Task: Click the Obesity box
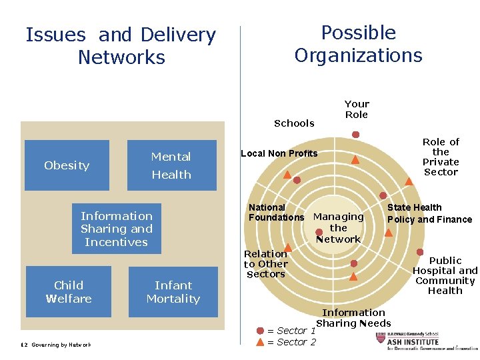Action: coord(67,165)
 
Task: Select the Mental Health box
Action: coord(171,165)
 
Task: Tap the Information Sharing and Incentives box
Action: coord(117,229)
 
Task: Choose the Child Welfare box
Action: coord(69,292)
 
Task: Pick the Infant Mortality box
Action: coord(173,292)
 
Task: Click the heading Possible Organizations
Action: coord(359,44)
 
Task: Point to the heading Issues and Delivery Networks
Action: coord(121,46)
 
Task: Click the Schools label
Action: coord(294,123)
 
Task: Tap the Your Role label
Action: coord(357,109)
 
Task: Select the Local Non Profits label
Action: coord(279,153)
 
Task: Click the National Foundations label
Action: coord(276,213)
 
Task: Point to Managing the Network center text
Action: coord(339,227)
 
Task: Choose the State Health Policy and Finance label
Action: coord(429,213)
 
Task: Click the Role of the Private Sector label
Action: coord(441,157)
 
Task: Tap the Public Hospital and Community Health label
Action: coord(445,275)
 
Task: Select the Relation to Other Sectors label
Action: coord(265,263)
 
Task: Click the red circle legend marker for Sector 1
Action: coord(260,330)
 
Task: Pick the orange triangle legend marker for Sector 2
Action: coord(260,341)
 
